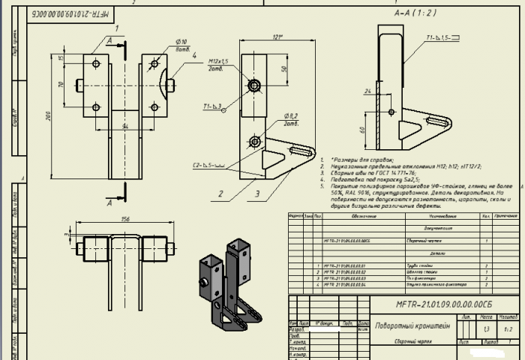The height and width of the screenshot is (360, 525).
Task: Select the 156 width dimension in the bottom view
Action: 124,220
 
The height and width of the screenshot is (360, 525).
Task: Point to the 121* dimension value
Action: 257,37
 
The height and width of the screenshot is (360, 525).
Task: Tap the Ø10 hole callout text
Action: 181,42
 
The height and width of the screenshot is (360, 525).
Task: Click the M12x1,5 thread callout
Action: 219,61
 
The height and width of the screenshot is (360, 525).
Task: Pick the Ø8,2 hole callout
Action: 290,118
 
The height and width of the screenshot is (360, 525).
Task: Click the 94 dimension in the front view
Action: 125,125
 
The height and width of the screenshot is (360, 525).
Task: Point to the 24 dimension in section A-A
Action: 367,91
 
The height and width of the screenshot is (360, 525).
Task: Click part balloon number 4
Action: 193,56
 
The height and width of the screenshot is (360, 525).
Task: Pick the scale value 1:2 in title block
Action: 508,328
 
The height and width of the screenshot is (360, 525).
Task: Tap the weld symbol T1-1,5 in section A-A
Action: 437,37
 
